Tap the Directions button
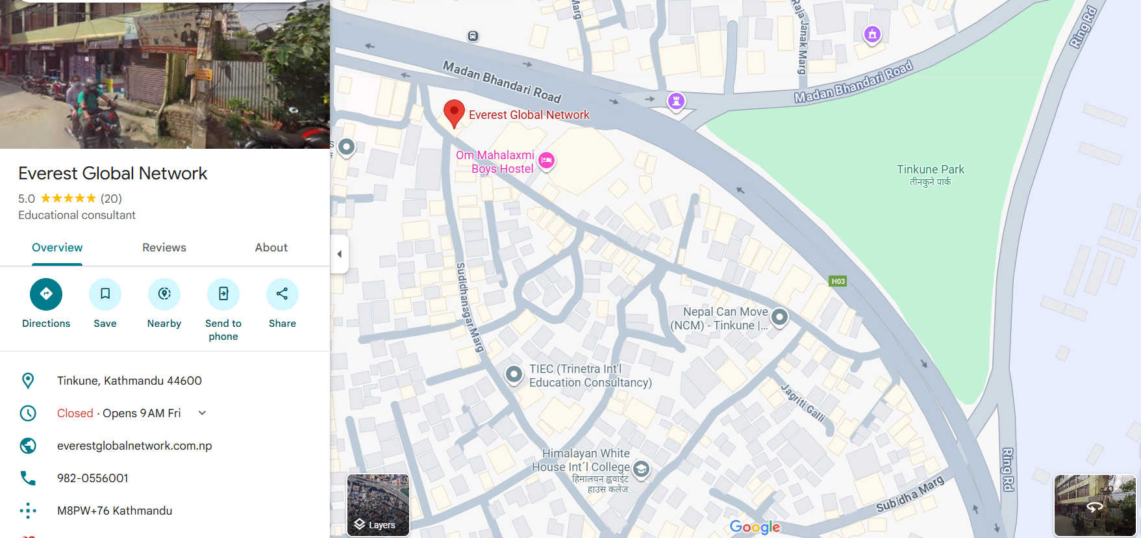click(46, 294)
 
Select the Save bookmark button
click(105, 294)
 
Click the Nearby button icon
click(164, 294)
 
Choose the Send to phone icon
click(223, 294)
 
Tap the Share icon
click(282, 294)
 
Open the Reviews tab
click(164, 248)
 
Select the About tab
click(271, 248)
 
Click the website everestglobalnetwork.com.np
click(134, 446)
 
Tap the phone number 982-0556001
click(93, 478)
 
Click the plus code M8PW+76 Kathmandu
click(114, 511)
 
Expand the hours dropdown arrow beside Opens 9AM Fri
click(202, 413)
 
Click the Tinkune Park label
click(930, 170)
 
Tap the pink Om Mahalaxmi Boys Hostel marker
click(547, 160)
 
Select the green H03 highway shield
click(838, 281)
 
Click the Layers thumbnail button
click(378, 505)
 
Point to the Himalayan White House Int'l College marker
click(641, 468)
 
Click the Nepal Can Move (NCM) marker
click(779, 317)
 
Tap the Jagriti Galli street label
click(803, 403)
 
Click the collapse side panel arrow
click(339, 254)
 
